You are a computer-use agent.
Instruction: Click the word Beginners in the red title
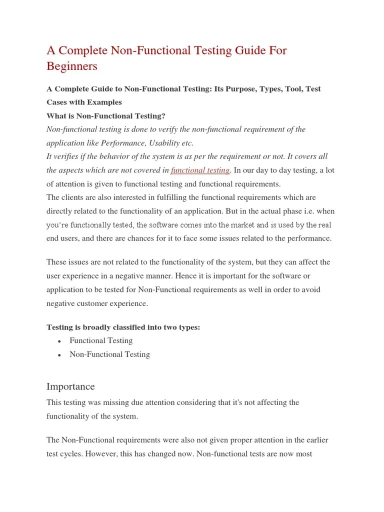tap(72, 66)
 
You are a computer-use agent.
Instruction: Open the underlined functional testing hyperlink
tap(200, 170)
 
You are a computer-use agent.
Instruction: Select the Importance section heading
tap(70, 386)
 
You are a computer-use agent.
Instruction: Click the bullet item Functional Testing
tap(101, 340)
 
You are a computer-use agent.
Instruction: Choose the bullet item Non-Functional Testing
tap(109, 354)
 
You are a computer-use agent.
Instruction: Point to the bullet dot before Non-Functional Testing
tap(59, 355)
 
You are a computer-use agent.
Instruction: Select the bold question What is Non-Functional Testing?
tap(105, 115)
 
